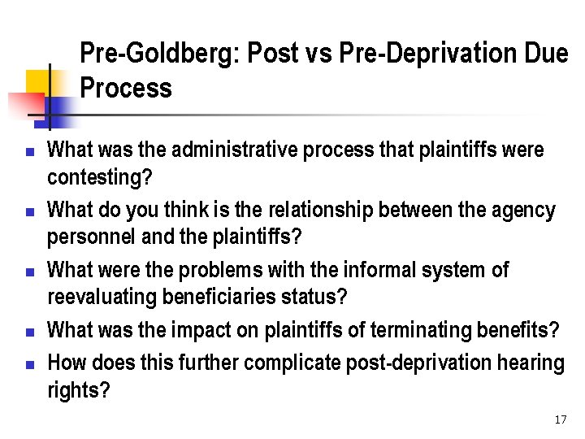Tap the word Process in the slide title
pyautogui.click(x=126, y=88)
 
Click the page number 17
pyautogui.click(x=560, y=420)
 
